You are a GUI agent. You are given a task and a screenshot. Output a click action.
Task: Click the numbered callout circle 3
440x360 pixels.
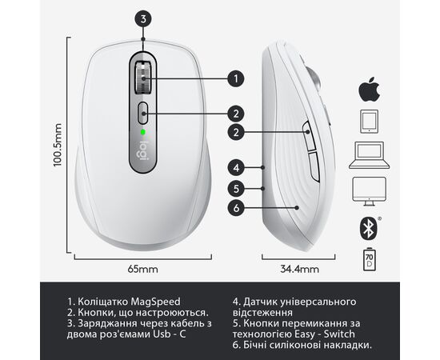point(143,19)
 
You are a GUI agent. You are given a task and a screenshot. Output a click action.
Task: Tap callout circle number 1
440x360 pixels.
point(236,78)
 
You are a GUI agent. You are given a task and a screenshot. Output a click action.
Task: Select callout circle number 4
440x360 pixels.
point(236,168)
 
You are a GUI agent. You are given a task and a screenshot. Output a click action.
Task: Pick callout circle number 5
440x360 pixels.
point(236,188)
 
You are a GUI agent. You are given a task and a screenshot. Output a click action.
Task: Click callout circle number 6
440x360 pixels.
point(236,208)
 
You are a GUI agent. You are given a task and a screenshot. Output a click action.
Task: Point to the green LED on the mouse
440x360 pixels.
point(143,131)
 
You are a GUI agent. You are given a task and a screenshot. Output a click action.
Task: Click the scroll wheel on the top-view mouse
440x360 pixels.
point(143,78)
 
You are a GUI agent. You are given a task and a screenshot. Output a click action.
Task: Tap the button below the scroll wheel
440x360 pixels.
point(143,113)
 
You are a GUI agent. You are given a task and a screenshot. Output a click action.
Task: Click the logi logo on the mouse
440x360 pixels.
point(143,150)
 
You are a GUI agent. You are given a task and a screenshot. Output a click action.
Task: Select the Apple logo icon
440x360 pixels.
point(369,90)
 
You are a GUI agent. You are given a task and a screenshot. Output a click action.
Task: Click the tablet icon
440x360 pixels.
point(369,122)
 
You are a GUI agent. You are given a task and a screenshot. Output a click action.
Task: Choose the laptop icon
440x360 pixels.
point(369,155)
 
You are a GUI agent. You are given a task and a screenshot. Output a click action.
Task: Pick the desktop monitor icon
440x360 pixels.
point(369,191)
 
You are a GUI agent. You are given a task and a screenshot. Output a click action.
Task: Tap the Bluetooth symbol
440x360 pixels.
point(369,228)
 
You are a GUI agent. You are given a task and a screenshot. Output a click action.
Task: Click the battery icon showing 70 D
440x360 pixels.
point(370,259)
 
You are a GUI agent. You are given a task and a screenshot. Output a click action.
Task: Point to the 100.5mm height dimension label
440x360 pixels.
point(58,145)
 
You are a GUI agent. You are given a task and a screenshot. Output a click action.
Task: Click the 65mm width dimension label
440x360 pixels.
point(143,270)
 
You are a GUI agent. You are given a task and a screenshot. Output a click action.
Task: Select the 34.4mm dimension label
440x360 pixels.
point(299,270)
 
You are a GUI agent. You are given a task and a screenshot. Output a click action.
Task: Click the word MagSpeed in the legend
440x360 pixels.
point(156,302)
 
